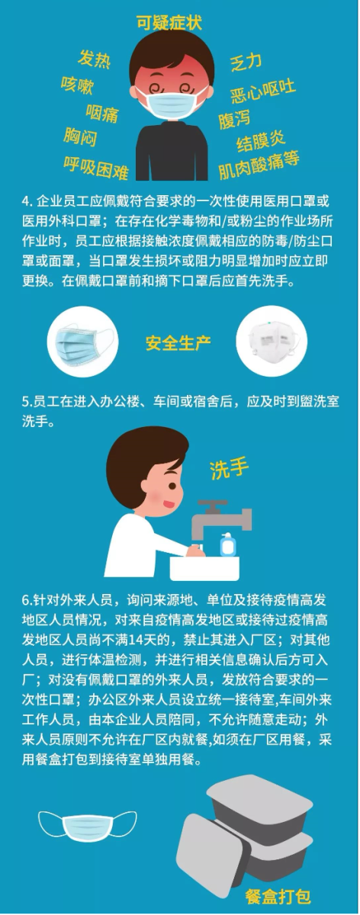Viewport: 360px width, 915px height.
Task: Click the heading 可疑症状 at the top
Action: pyautogui.click(x=169, y=23)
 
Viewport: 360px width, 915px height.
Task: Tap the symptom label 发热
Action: pyautogui.click(x=94, y=59)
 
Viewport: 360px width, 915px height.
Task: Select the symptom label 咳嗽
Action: pyautogui.click(x=77, y=85)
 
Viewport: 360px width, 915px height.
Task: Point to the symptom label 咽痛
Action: pyautogui.click(x=102, y=112)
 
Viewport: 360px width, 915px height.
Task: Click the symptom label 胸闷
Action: pyautogui.click(x=80, y=136)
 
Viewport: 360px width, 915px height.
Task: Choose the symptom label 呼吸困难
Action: pyautogui.click(x=96, y=167)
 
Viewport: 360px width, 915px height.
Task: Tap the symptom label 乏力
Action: pyautogui.click(x=246, y=63)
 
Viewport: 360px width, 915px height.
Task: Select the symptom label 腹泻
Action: pyautogui.click(x=234, y=119)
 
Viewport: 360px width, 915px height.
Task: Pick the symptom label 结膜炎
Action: pyautogui.click(x=261, y=141)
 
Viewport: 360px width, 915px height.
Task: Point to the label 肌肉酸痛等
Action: pyautogui.click(x=259, y=165)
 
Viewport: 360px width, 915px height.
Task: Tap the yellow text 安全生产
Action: pyautogui.click(x=178, y=343)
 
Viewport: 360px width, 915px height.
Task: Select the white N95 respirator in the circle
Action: pyautogui.click(x=272, y=341)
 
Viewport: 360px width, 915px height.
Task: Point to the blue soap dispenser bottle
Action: pyautogui.click(x=228, y=544)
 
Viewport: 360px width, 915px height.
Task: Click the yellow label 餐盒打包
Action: pyautogui.click(x=278, y=897)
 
